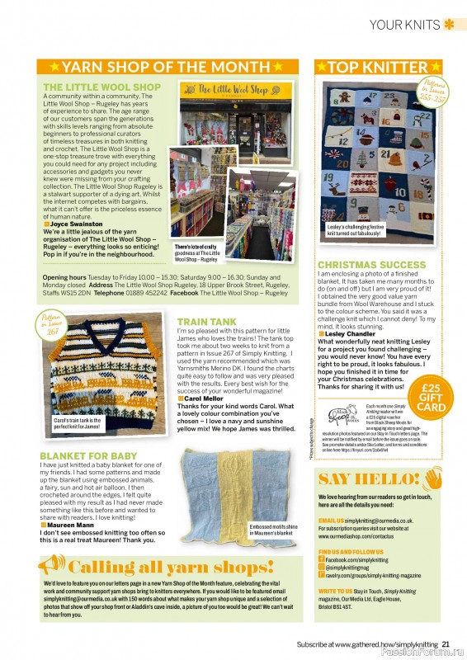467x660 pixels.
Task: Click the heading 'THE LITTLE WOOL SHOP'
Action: click(x=102, y=87)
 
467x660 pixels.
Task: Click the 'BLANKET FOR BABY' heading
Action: click(x=90, y=455)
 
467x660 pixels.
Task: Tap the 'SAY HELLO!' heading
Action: click(x=367, y=478)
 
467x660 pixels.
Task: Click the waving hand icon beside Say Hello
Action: click(x=435, y=478)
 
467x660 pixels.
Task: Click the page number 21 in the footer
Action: click(x=446, y=644)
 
